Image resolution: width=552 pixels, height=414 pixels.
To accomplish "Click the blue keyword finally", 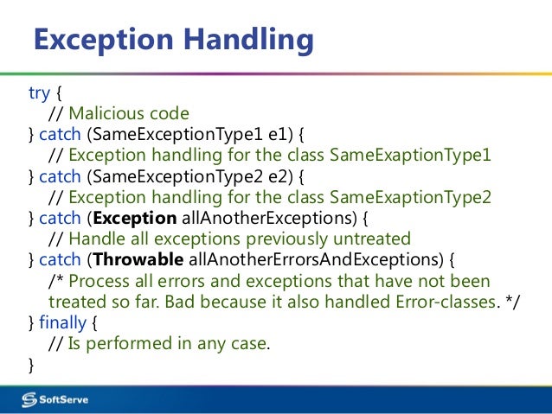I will [63, 322].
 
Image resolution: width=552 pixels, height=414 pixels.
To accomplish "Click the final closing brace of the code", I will [32, 364].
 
